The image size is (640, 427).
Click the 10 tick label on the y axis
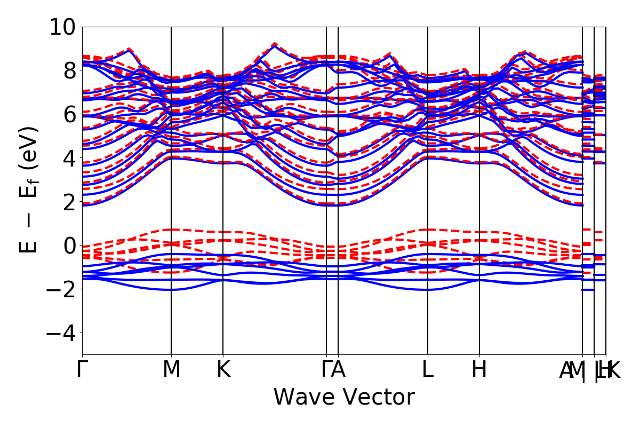pos(63,26)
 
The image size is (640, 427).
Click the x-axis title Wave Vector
pos(344,397)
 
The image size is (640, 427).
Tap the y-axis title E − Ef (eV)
pos(30,190)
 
